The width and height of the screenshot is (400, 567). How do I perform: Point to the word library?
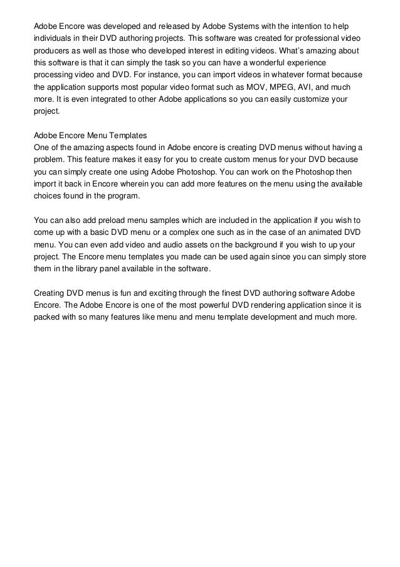coord(87,269)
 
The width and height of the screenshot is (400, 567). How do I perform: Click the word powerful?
coord(211,305)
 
